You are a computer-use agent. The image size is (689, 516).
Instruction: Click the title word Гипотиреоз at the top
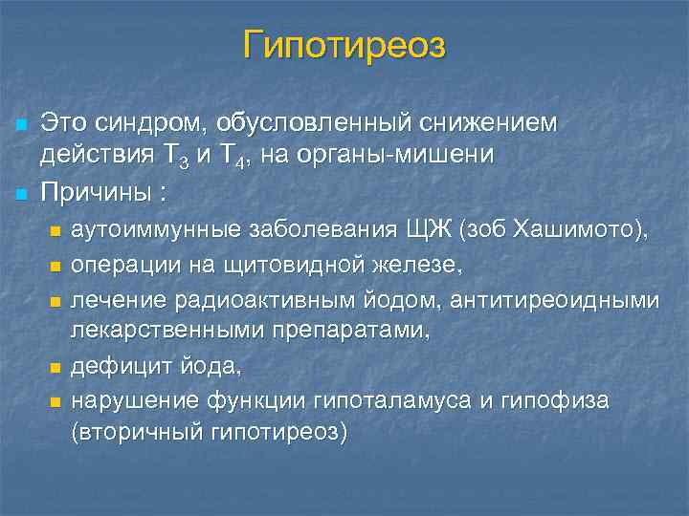(x=344, y=45)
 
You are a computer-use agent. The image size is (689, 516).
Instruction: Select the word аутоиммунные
(x=157, y=230)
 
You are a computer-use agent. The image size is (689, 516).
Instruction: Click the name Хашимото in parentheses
(x=578, y=230)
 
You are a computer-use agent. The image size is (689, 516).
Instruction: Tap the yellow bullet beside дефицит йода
(x=55, y=367)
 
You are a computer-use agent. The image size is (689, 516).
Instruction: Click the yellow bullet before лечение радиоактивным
(x=55, y=302)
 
